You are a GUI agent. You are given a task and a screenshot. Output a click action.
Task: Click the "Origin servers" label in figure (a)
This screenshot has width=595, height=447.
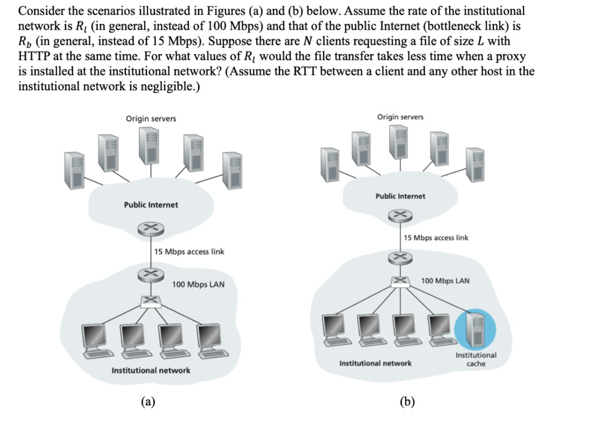150,119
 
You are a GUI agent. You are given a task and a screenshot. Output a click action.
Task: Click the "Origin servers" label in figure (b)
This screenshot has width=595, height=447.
400,117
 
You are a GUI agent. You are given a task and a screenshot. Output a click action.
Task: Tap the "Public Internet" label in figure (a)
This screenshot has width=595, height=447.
150,205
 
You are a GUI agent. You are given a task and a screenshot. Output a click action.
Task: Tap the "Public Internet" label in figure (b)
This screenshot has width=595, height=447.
400,196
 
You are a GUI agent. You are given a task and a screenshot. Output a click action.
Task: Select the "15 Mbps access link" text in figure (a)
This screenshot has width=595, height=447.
189,252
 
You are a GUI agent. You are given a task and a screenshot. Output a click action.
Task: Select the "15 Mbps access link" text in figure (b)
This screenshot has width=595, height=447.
436,238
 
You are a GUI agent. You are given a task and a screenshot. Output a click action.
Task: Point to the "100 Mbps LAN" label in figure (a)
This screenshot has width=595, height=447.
198,284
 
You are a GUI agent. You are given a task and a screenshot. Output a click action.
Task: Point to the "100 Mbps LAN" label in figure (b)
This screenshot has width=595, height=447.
445,281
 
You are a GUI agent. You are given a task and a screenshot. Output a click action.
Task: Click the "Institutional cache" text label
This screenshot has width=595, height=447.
476,359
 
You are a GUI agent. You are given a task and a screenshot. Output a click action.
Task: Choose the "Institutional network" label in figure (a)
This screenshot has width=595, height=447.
150,370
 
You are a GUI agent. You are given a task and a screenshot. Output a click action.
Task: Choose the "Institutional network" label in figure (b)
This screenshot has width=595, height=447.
375,363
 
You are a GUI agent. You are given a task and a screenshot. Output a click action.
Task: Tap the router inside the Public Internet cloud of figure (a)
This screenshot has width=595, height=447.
150,230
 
